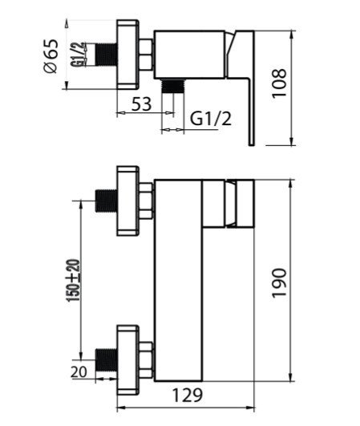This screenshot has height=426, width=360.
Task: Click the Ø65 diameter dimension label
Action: pos(51,56)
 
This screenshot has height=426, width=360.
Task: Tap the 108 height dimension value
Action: pos(279,83)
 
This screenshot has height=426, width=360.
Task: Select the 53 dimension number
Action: pos(141,103)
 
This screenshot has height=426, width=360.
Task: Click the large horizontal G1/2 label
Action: pos(211,119)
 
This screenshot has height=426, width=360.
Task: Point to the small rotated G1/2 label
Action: pos(78,55)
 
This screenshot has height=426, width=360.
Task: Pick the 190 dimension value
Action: pos(279,283)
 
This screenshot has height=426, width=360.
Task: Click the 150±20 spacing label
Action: pos(73,281)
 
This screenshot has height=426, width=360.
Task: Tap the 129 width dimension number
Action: pos(188,396)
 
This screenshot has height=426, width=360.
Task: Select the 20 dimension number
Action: pos(79,372)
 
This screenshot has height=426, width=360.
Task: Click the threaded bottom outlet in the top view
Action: pos(172,87)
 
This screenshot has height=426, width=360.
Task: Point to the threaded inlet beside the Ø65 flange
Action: pos(106,55)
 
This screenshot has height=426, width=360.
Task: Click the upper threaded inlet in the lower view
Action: pos(106,201)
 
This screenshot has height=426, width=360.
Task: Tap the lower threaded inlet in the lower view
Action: pos(107,359)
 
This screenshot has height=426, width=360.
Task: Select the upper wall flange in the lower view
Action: pos(127,201)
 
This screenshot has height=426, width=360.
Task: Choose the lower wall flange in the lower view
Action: pos(127,360)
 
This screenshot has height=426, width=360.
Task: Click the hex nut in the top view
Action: pos(146,55)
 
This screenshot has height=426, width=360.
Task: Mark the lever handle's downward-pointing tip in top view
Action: pos(252,145)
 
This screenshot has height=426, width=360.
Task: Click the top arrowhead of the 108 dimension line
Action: pos(292,34)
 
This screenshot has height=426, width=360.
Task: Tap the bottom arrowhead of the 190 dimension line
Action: pos(291,377)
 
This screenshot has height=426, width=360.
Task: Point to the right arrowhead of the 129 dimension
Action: pos(250,408)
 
